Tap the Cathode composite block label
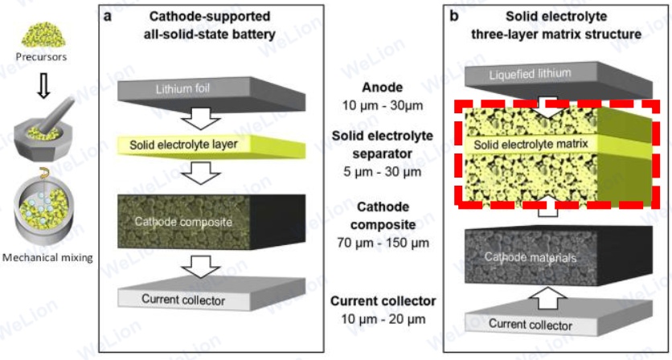tap(182, 221)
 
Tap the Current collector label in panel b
tap(531, 325)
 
